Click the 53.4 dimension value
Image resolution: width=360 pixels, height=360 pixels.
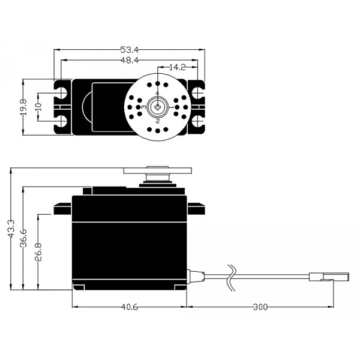[129, 50]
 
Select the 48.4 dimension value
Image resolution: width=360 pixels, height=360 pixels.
[130, 60]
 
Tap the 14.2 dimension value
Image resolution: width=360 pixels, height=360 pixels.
[177, 67]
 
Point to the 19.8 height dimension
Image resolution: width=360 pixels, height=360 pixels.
[23, 107]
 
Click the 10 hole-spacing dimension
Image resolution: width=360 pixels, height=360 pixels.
[38, 107]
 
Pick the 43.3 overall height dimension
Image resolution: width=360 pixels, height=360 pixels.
[11, 229]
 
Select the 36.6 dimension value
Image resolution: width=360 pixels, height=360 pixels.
[23, 238]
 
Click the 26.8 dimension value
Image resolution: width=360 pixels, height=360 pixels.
[38, 252]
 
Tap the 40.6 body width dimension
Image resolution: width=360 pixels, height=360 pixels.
[130, 307]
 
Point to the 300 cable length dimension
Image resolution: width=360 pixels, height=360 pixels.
[260, 307]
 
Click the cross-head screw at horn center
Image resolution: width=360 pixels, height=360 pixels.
[158, 107]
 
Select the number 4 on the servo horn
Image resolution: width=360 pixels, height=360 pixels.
[157, 93]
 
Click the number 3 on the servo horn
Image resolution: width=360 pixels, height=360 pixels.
[143, 107]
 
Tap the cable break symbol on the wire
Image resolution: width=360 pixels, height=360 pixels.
[232, 278]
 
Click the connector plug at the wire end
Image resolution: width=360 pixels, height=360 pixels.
[329, 277]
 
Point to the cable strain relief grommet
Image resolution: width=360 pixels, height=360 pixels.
[196, 277]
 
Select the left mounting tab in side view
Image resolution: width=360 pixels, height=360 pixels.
[62, 208]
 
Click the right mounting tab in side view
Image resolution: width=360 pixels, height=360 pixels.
[196, 208]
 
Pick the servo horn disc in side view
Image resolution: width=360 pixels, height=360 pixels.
[157, 171]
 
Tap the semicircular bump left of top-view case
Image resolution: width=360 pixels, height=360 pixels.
[87, 107]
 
